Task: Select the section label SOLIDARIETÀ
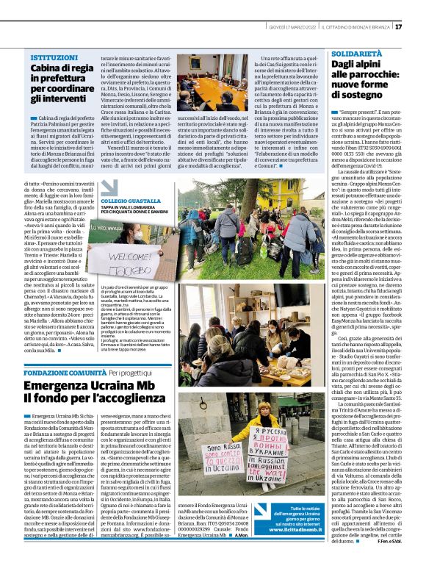point(356,54)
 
